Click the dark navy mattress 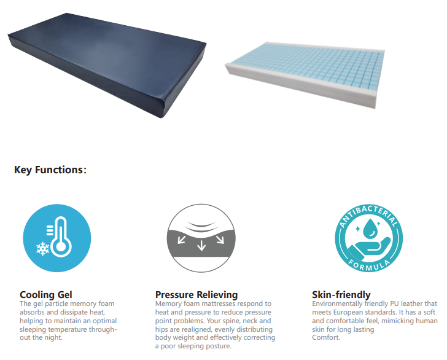pyautogui.click(x=107, y=64)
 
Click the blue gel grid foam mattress pyautogui.click(x=305, y=74)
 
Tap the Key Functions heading pyautogui.click(x=50, y=170)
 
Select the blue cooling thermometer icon pyautogui.click(x=57, y=238)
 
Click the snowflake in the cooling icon pyautogui.click(x=43, y=249)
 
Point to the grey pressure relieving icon pyautogui.click(x=201, y=238)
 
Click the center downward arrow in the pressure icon pyautogui.click(x=201, y=245)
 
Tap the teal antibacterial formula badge pyautogui.click(x=368, y=238)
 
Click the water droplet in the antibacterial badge pyautogui.click(x=371, y=228)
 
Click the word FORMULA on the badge pyautogui.click(x=369, y=265)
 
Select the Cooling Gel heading pyautogui.click(x=46, y=294)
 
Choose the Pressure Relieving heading pyautogui.click(x=196, y=294)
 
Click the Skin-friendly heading pyautogui.click(x=341, y=294)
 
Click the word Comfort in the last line pyautogui.click(x=325, y=337)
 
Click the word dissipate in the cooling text pyautogui.click(x=75, y=312)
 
